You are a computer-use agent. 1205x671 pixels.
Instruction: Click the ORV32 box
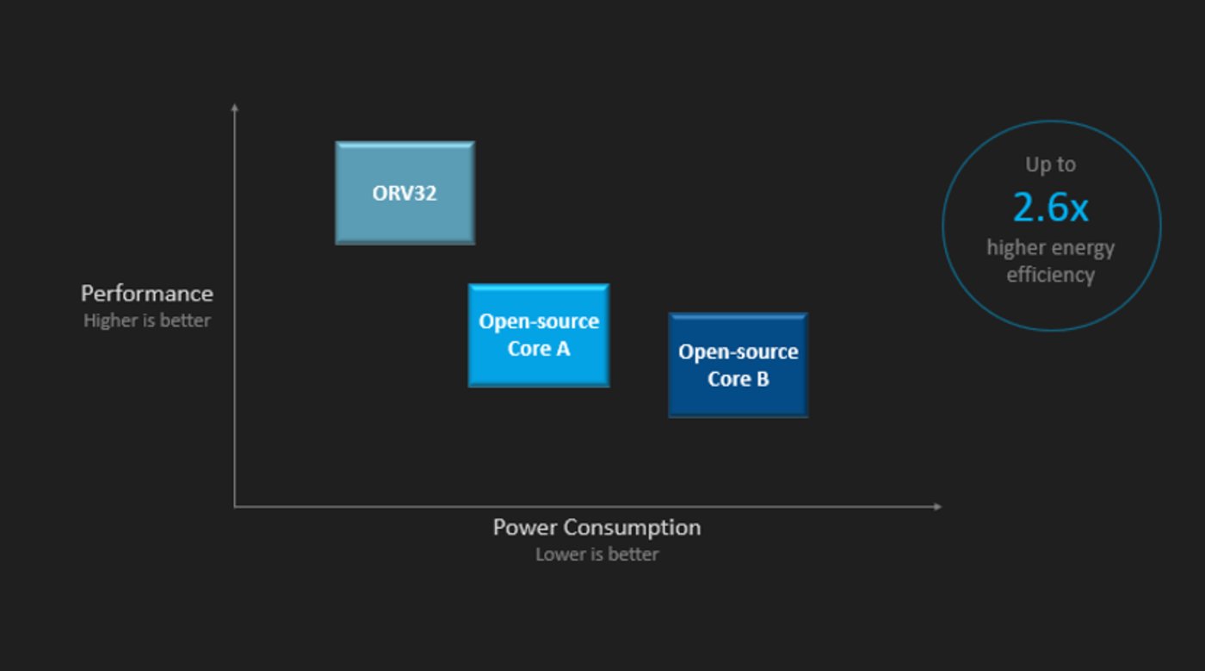(405, 193)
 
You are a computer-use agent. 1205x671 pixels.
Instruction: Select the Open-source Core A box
(539, 335)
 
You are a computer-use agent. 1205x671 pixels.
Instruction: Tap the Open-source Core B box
(738, 364)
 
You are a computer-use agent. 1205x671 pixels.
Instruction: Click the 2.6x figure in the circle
(1051, 208)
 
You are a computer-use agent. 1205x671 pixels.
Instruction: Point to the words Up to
(1051, 165)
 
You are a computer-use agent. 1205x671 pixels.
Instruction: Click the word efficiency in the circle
(1051, 275)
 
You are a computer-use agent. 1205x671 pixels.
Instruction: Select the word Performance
(147, 294)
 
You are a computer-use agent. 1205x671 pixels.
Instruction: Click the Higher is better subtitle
(147, 320)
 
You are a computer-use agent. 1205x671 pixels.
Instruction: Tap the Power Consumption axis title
(597, 528)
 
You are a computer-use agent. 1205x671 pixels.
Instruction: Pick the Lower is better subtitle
(597, 554)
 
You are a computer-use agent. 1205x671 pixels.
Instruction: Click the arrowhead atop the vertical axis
(234, 107)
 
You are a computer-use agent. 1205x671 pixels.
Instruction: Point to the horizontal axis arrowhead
(937, 506)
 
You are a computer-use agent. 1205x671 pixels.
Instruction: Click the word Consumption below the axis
(632, 528)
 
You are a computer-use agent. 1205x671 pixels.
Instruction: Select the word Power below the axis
(525, 527)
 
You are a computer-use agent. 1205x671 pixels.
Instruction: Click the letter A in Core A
(563, 349)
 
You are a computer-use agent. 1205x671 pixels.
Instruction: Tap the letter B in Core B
(763, 379)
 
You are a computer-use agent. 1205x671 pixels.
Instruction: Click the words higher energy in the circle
(1051, 248)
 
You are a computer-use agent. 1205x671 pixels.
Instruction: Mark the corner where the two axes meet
(234, 506)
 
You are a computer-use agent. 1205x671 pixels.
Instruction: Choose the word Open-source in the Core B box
(738, 352)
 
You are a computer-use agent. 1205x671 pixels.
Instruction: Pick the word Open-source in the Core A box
(539, 321)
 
